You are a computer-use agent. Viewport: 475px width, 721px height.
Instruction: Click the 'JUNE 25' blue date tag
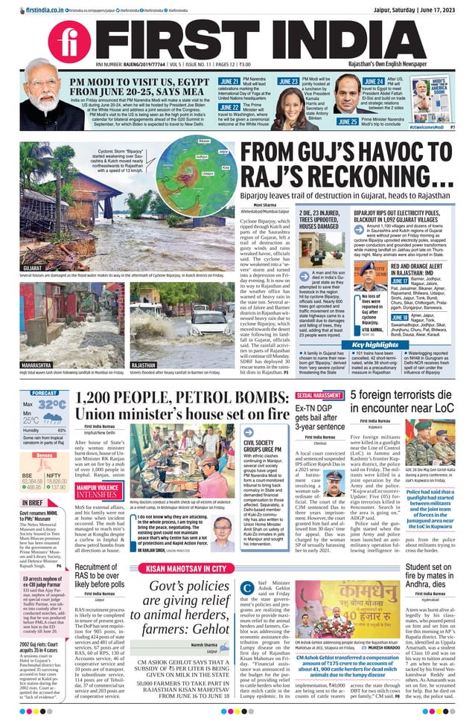pos(347,121)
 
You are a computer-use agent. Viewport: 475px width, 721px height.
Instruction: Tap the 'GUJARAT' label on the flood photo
pos(32,265)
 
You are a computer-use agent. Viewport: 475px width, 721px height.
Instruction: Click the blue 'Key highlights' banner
pos(374,345)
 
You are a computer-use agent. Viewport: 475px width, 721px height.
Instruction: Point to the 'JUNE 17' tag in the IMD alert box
pos(380,281)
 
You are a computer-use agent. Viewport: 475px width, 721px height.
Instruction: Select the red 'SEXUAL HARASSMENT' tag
pos(318,396)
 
